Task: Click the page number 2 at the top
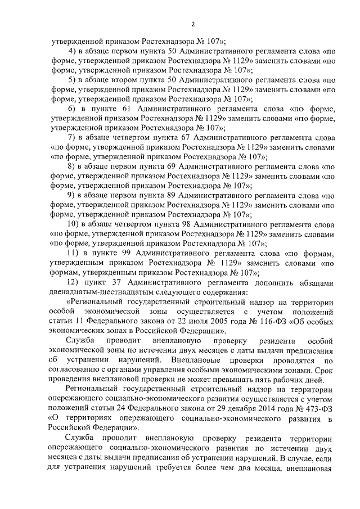(x=192, y=24)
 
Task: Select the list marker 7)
(x=71, y=137)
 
